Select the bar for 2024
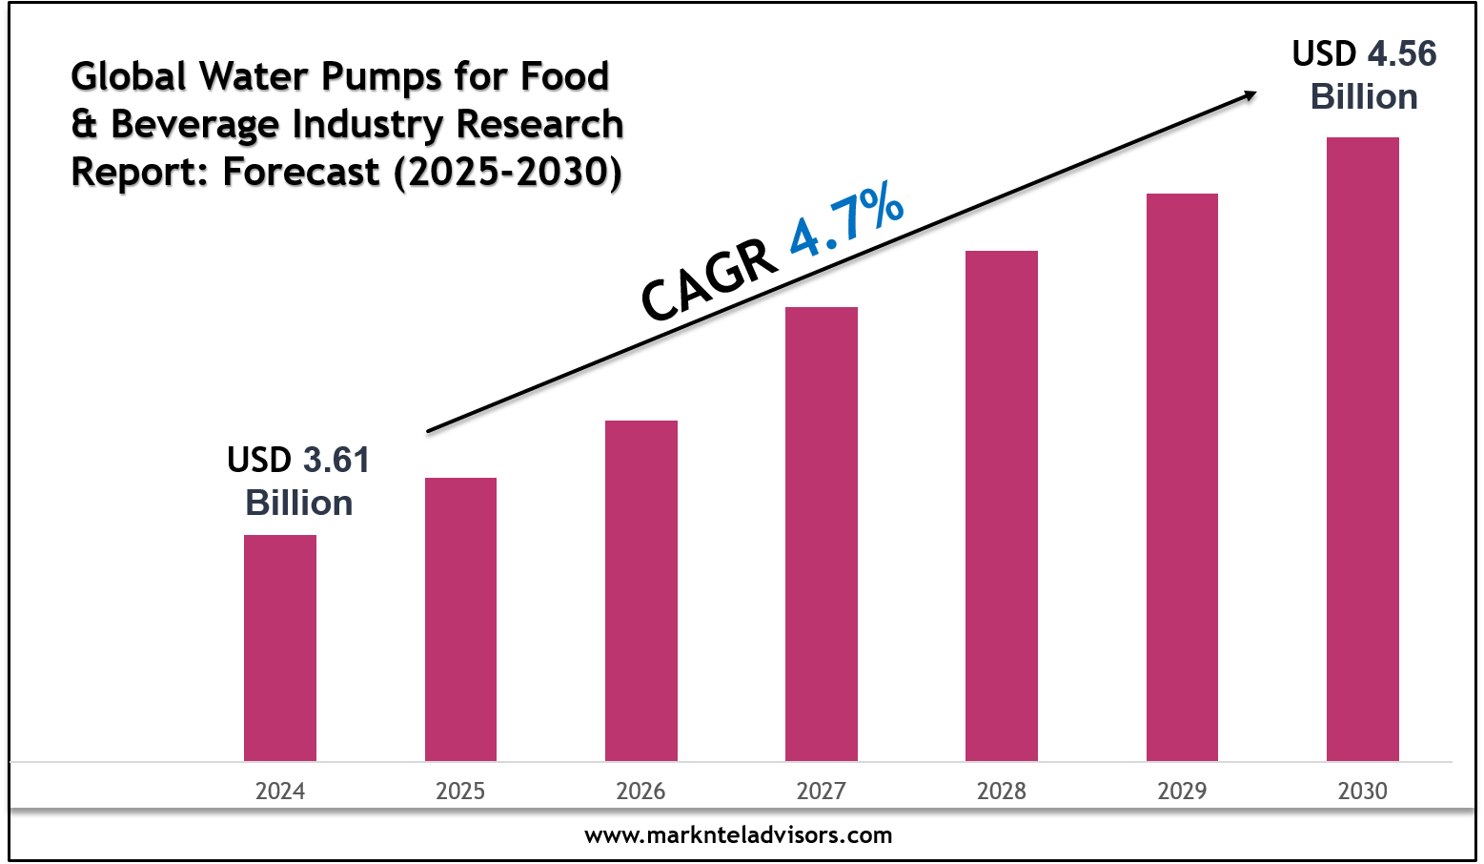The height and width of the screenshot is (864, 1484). tap(280, 648)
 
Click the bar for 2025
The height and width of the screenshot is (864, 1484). tap(460, 619)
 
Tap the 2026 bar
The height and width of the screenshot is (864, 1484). tap(641, 590)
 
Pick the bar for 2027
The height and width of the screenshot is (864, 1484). tap(822, 534)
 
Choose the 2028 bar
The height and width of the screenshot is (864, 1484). tap(1002, 505)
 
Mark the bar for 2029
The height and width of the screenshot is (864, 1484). tap(1182, 477)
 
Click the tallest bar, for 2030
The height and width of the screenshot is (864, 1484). tap(1363, 449)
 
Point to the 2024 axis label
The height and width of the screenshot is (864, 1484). tap(280, 791)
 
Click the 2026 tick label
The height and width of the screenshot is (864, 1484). tap(641, 791)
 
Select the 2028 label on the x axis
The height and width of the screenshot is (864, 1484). tap(1002, 791)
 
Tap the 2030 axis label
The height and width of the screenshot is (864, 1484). tap(1363, 791)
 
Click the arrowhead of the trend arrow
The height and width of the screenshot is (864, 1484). tap(1249, 94)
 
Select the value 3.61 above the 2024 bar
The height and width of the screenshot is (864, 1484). tap(336, 460)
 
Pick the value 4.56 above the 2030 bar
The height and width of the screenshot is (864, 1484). tap(1402, 53)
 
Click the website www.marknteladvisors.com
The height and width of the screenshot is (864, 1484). tap(739, 835)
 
